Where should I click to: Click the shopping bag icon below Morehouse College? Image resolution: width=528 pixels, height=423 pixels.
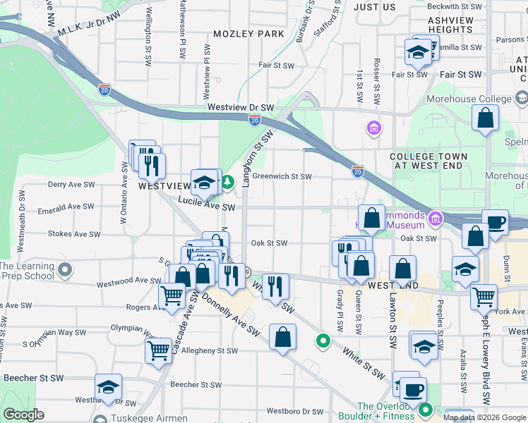485,119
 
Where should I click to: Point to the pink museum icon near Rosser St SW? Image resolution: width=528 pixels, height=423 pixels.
373,128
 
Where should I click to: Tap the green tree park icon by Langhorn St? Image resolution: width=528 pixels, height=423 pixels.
228,183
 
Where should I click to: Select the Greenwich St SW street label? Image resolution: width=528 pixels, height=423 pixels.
282,176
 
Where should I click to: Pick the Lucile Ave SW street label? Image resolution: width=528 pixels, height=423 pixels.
206,204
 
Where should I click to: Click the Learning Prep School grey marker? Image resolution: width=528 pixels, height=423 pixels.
66,270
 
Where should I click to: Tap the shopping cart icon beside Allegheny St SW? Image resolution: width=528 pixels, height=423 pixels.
159,350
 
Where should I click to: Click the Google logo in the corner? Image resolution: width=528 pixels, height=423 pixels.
23,415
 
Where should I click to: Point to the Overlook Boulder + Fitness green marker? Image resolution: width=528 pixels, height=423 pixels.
425,410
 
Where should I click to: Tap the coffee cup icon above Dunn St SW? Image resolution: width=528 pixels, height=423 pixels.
495,222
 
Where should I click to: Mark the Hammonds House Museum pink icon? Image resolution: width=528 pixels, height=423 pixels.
436,220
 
